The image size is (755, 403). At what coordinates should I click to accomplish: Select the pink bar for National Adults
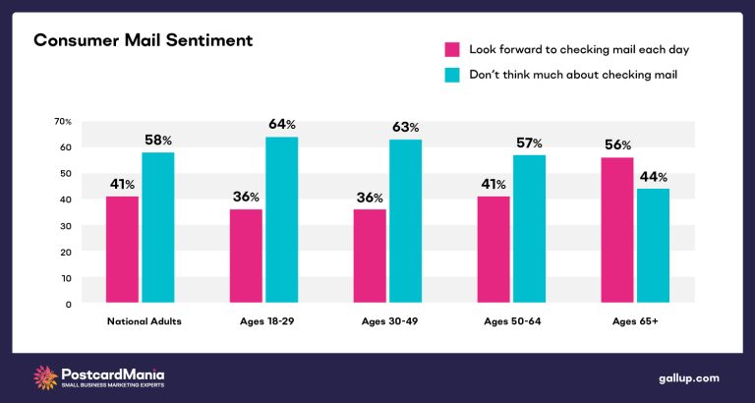point(123,250)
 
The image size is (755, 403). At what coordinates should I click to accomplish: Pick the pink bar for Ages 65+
point(616,230)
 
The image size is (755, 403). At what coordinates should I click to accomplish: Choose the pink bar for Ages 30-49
point(371,257)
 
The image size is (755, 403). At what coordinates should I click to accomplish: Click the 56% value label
point(616,145)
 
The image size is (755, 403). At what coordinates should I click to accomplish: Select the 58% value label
point(157,141)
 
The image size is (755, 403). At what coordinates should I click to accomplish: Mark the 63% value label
point(404,127)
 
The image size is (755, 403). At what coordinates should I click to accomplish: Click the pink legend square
point(453,49)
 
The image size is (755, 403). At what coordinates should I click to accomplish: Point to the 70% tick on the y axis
point(63,121)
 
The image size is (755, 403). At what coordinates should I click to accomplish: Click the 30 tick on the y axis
point(66,225)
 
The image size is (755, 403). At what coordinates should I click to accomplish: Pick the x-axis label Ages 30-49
point(386,321)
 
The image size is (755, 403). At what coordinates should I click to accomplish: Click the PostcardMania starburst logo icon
point(45,376)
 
